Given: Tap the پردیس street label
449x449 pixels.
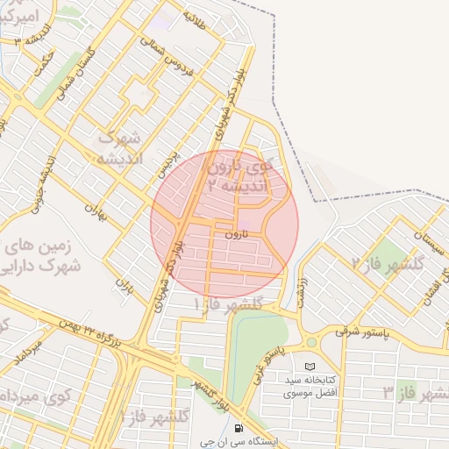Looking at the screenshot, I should (x=167, y=163).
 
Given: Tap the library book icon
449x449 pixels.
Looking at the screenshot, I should (x=308, y=366).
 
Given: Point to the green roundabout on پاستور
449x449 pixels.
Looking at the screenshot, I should (x=310, y=342).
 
